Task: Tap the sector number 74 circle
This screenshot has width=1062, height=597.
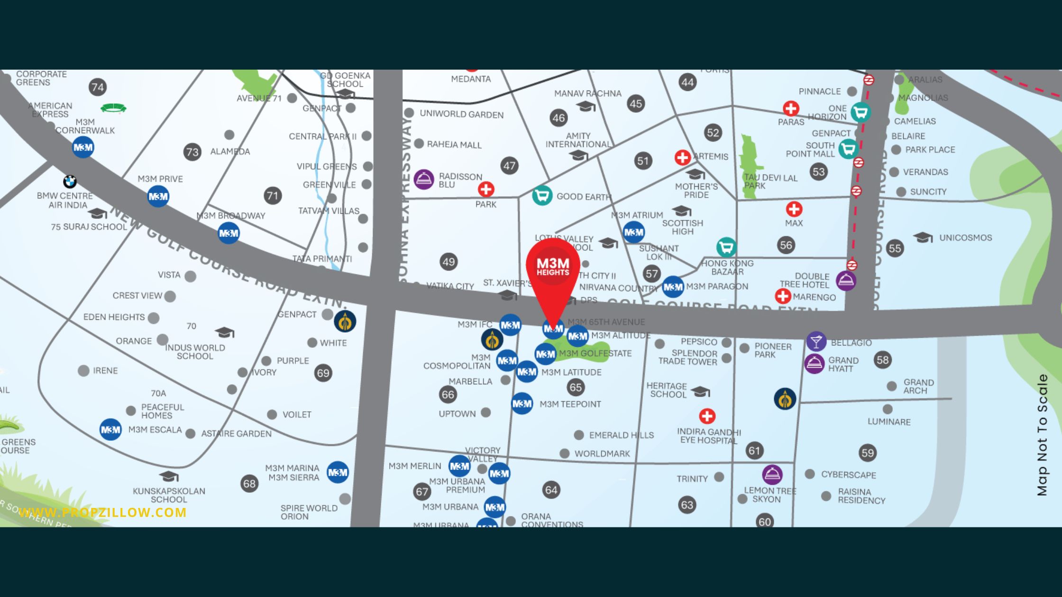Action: pyautogui.click(x=98, y=87)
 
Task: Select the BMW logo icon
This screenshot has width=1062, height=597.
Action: pyautogui.click(x=70, y=181)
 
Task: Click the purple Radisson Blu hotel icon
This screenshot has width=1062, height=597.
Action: pyautogui.click(x=424, y=180)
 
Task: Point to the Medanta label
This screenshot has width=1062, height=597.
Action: pyautogui.click(x=471, y=79)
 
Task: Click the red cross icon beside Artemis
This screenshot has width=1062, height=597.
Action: pyautogui.click(x=683, y=157)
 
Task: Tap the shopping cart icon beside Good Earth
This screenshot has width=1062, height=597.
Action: pyautogui.click(x=542, y=195)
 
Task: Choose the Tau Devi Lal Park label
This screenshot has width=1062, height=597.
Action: pyautogui.click(x=770, y=181)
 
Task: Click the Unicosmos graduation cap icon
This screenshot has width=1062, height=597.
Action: pyautogui.click(x=923, y=237)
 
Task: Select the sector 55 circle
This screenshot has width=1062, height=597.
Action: pyautogui.click(x=895, y=248)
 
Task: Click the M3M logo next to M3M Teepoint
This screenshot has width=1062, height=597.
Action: pyautogui.click(x=522, y=404)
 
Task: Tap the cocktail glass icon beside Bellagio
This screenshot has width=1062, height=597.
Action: pyautogui.click(x=816, y=341)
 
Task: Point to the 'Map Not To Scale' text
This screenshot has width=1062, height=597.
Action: pyautogui.click(x=1042, y=435)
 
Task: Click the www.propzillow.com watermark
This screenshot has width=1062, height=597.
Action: pyautogui.click(x=102, y=512)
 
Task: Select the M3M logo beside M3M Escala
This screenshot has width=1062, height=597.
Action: pyautogui.click(x=110, y=430)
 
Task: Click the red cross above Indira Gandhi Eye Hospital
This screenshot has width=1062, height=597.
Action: pyautogui.click(x=707, y=416)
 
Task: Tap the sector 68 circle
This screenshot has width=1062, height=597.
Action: pyautogui.click(x=249, y=484)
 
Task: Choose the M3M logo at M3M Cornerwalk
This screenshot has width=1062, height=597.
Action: pyautogui.click(x=83, y=147)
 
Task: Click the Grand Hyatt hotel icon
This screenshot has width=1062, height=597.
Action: pyautogui.click(x=815, y=363)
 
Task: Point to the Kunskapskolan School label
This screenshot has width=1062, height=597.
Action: pyautogui.click(x=169, y=495)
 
